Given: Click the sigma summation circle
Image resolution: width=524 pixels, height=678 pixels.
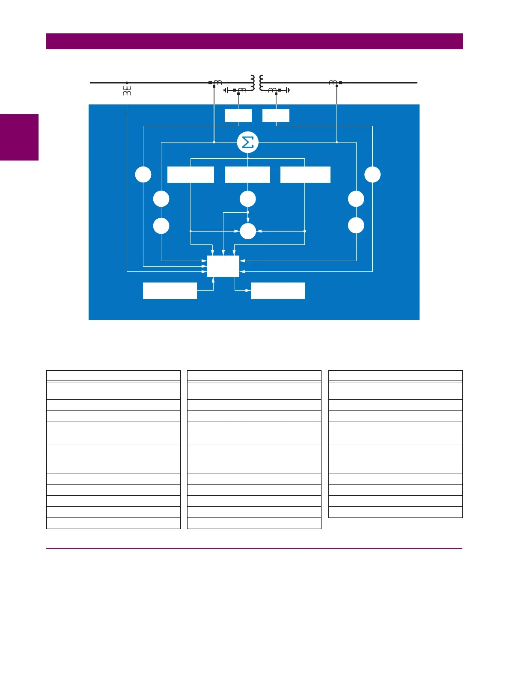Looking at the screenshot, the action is (248, 142).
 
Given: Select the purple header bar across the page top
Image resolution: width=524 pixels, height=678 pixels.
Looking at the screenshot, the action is (254, 41).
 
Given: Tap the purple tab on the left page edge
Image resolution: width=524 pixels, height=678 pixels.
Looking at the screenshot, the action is (19, 137).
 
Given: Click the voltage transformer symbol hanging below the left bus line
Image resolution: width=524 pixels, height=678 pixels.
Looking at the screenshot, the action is (127, 90).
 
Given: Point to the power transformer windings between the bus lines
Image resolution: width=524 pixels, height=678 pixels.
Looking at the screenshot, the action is (257, 82).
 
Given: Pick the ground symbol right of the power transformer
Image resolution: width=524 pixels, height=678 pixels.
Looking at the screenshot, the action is (288, 90).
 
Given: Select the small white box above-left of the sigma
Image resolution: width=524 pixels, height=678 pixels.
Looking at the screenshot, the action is (238, 116).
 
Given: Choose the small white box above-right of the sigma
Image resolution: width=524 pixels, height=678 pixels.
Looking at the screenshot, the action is (276, 116).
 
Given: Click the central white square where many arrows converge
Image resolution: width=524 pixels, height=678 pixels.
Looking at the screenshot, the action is (223, 266).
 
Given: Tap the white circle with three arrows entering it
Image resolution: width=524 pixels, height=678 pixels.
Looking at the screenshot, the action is (248, 231).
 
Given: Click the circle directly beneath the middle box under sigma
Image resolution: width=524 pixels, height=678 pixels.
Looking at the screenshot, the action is (248, 199).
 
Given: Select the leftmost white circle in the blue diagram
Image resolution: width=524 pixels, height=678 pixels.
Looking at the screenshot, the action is (143, 175).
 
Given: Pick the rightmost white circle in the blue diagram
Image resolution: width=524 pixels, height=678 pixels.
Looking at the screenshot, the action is (372, 175).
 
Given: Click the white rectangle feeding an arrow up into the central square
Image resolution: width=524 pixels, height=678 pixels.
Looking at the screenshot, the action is (170, 291).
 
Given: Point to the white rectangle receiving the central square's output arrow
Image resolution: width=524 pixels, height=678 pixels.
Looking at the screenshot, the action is (277, 291).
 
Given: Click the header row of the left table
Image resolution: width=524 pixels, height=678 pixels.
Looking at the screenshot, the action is (113, 376).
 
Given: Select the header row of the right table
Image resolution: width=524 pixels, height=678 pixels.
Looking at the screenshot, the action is (395, 376).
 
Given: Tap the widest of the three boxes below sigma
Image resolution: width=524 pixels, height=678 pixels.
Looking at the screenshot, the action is (305, 175).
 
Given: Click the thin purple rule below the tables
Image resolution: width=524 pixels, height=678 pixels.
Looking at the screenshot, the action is (254, 549).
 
